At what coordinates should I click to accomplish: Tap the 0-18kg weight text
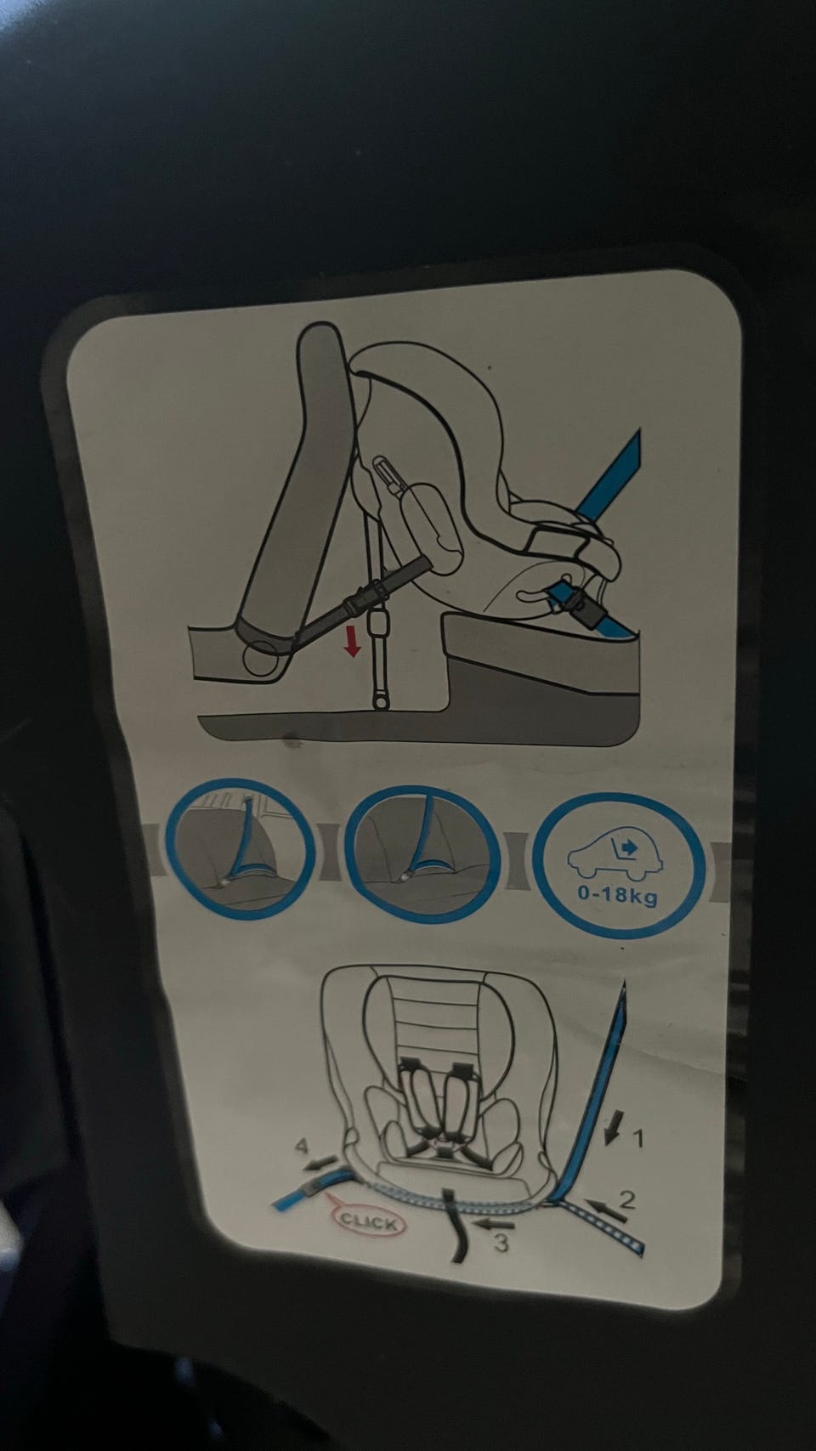pyautogui.click(x=617, y=896)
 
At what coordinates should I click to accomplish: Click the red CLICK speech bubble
pyautogui.click(x=368, y=1221)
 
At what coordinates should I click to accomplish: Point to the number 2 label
pyautogui.click(x=627, y=1199)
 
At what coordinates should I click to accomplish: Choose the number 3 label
pyautogui.click(x=501, y=1243)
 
